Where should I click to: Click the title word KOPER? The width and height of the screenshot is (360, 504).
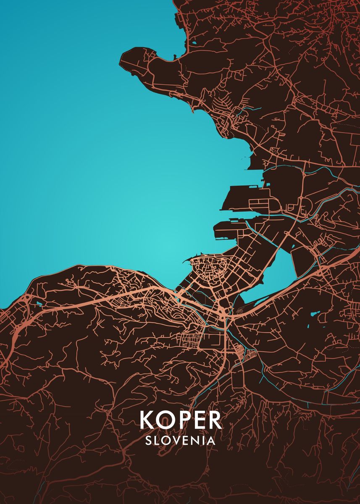(x=181, y=420)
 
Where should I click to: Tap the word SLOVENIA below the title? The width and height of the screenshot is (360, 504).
(x=180, y=441)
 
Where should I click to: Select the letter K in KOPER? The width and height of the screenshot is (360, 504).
(x=148, y=420)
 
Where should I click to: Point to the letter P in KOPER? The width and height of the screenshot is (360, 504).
(x=183, y=420)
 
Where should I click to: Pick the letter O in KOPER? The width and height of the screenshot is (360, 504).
(x=166, y=420)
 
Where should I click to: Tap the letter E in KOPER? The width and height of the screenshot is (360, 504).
(x=199, y=420)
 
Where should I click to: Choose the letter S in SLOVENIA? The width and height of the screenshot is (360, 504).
(x=148, y=441)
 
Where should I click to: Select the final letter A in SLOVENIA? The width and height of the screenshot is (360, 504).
(x=211, y=441)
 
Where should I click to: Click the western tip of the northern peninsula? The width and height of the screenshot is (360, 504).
(x=123, y=59)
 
